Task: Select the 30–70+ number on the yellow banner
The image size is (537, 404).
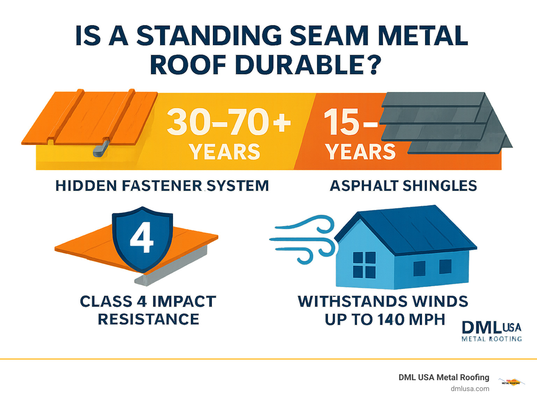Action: [x=229, y=122]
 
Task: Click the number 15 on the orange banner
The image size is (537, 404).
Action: [x=342, y=122]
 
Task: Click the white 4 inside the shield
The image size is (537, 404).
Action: [x=142, y=237]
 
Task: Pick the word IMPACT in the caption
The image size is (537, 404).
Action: [x=184, y=301]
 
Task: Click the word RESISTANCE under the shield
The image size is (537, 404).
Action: [x=149, y=319]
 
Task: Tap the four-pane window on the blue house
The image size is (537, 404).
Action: [x=364, y=265]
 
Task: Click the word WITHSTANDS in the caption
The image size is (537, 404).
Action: [x=353, y=301]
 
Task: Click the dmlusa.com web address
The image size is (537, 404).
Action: [x=470, y=389]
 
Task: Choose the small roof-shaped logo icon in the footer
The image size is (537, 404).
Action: [x=511, y=382]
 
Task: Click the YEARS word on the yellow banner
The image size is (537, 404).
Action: [x=224, y=152]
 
